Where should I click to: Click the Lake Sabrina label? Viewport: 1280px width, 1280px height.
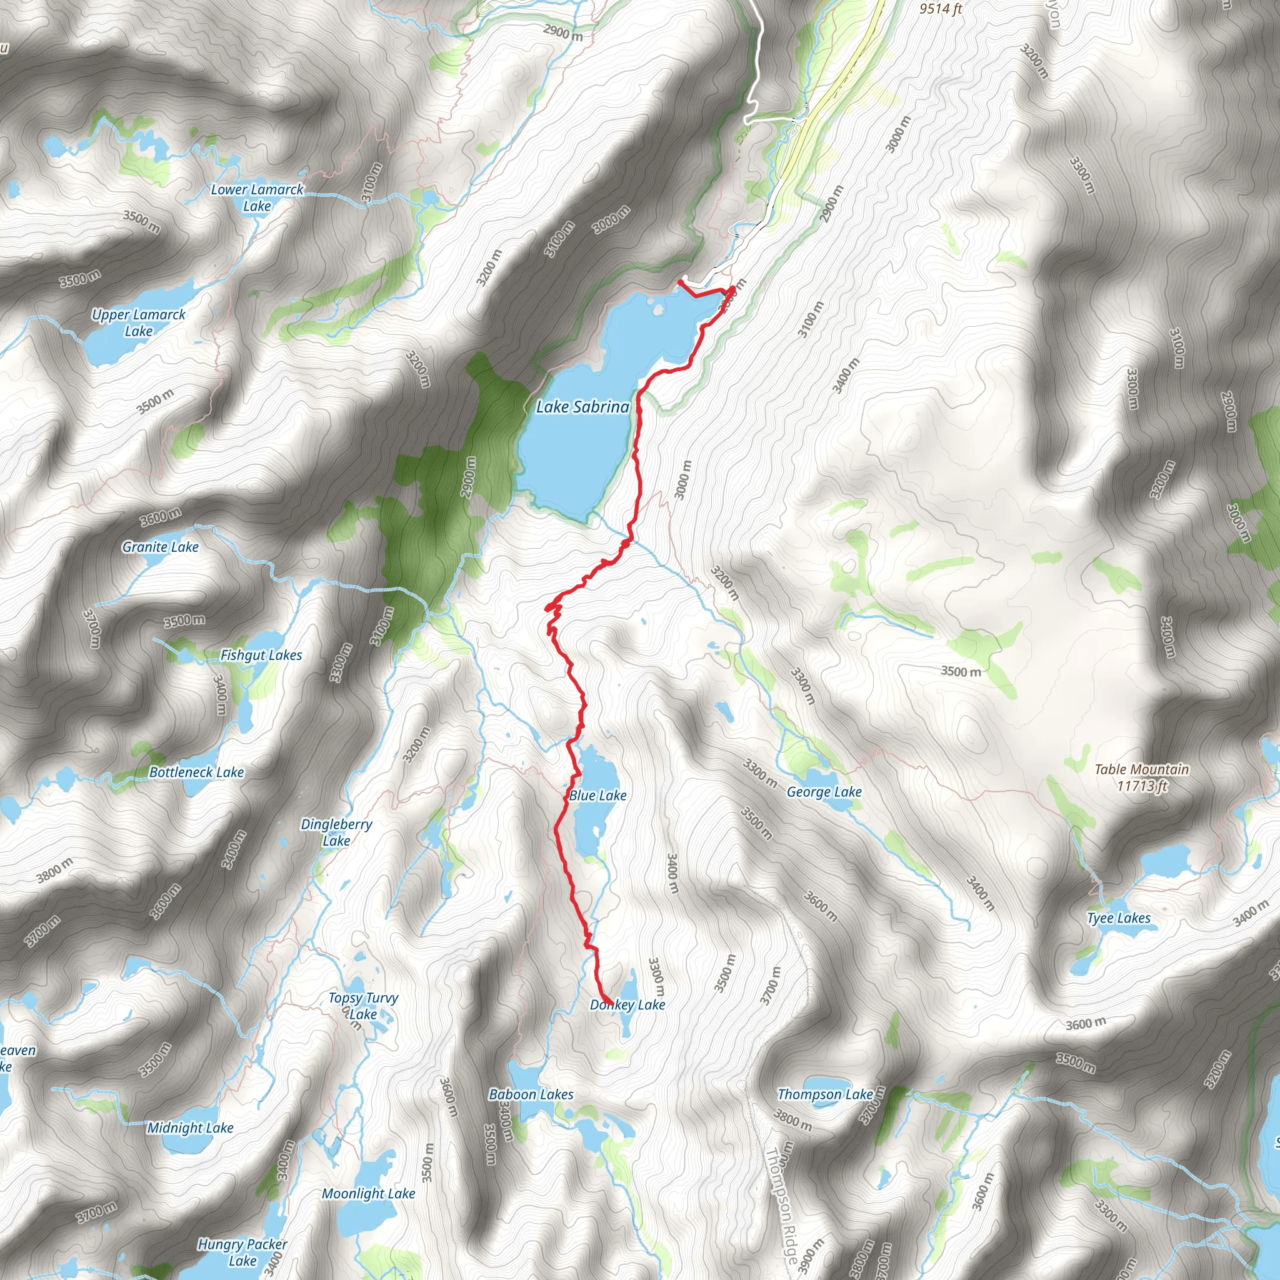[x=582, y=407]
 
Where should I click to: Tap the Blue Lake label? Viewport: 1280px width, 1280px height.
[x=597, y=795]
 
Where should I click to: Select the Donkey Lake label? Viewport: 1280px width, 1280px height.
[x=627, y=1004]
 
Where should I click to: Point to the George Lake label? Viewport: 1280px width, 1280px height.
[x=824, y=792]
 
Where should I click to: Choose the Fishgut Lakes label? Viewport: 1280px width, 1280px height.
[x=261, y=655]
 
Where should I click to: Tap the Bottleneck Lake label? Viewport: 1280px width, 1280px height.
[x=196, y=772]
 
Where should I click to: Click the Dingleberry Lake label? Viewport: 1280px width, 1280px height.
[x=337, y=832]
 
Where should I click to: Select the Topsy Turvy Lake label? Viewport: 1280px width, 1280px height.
[x=363, y=1006]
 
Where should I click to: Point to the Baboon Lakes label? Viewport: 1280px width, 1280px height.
[x=531, y=1094]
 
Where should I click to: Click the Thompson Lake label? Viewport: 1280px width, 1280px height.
[x=825, y=1094]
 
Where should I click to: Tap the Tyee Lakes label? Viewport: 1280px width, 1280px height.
[x=1118, y=918]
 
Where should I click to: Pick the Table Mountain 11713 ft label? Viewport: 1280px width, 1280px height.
[x=1141, y=777]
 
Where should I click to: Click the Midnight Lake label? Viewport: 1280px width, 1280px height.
[x=190, y=1127]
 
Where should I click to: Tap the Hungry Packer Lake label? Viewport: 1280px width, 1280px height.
[x=242, y=1234]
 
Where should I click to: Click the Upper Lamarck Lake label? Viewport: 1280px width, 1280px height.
[x=139, y=322]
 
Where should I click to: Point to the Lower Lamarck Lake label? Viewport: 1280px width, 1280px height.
[x=257, y=197]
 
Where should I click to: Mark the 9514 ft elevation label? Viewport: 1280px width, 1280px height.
[x=940, y=9]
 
